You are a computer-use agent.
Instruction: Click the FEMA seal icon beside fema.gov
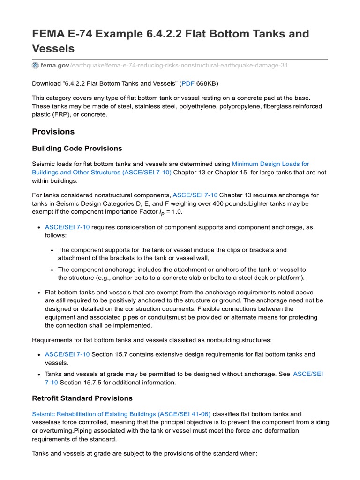(36, 65)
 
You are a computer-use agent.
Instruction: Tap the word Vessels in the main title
(53, 49)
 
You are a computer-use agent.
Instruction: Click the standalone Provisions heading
(53, 132)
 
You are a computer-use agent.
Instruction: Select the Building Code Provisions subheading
(77, 149)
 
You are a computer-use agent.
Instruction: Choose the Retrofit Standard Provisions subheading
(82, 398)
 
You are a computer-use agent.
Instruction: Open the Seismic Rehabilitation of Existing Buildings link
(121, 414)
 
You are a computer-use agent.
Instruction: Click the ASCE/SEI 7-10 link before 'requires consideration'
(67, 227)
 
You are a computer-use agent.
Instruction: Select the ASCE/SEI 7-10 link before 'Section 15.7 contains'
(67, 354)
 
